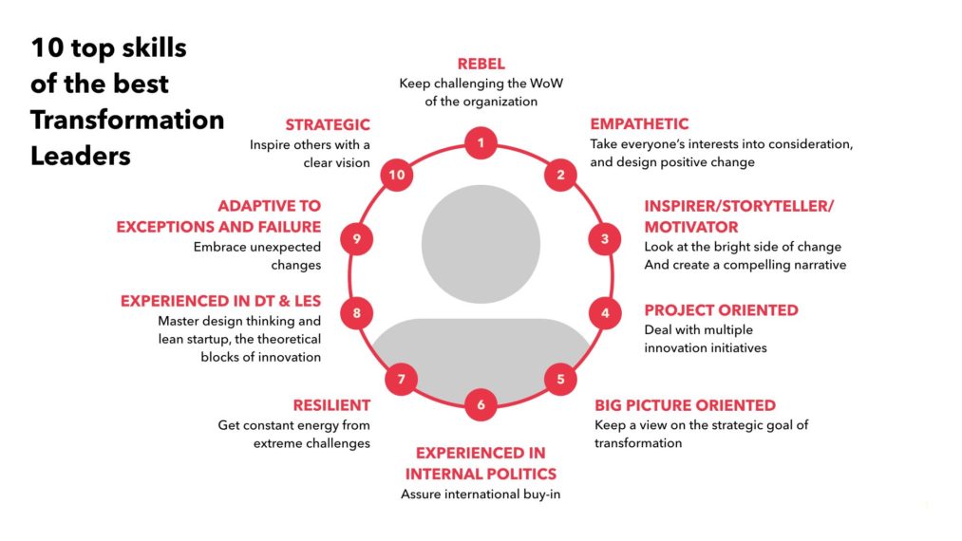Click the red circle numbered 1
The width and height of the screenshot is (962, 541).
(481, 143)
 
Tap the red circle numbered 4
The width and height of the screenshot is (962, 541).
(605, 313)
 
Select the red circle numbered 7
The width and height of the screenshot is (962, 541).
(402, 379)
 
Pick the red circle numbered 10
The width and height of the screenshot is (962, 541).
(396, 175)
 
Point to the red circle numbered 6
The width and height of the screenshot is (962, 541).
(481, 405)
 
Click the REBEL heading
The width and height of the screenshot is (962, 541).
(481, 64)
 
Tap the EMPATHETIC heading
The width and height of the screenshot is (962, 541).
(639, 124)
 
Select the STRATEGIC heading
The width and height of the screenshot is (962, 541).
(328, 124)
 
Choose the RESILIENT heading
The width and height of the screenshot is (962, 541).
(331, 405)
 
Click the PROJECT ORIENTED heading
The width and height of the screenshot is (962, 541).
(721, 310)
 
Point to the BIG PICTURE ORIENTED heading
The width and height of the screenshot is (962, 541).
(685, 405)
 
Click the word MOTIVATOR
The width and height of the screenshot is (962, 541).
(690, 227)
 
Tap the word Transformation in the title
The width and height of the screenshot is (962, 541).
(127, 120)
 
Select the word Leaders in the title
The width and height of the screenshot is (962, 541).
(81, 156)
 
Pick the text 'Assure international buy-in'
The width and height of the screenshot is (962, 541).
(481, 494)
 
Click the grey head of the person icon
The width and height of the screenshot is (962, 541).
(481, 244)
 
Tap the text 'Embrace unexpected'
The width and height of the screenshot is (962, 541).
(257, 247)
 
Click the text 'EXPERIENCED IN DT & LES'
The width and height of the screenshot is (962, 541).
(220, 301)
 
